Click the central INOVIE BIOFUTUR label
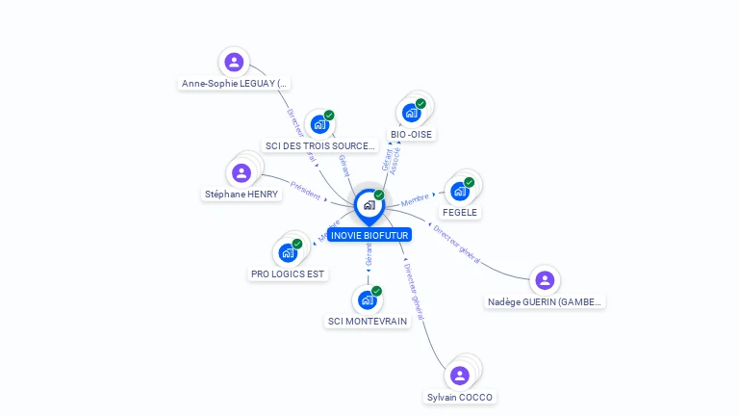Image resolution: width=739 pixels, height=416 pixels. [x=369, y=235]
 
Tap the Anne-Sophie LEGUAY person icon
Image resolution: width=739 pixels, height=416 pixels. [x=233, y=63]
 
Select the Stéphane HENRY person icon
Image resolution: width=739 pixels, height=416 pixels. [x=242, y=172]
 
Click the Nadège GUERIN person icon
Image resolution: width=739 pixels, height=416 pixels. [x=545, y=280]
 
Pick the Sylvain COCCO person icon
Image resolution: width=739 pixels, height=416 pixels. [x=460, y=375]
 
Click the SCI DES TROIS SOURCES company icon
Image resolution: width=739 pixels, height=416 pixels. [x=320, y=124]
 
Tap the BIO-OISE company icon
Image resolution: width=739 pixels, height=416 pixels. [x=412, y=112]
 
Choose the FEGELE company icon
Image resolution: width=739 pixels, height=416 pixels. [x=460, y=191]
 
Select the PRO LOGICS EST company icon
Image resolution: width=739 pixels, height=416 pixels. [x=288, y=252]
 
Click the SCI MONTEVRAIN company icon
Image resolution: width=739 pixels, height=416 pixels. [x=367, y=299]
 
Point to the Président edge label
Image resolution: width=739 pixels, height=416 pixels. [x=305, y=190]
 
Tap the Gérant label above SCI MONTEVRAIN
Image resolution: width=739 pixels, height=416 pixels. [x=369, y=255]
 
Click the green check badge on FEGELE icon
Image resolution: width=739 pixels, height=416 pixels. [x=469, y=182]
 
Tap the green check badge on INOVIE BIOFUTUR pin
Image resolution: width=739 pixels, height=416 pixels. [x=379, y=195]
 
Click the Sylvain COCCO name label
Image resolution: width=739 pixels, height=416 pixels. [x=461, y=397]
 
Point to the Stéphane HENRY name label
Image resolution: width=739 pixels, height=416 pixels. [x=242, y=194]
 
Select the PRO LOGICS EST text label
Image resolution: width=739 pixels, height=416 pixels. [x=288, y=273]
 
